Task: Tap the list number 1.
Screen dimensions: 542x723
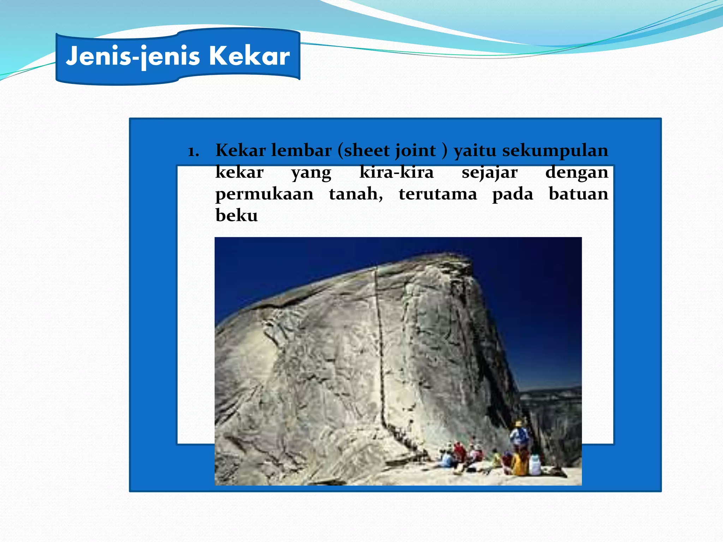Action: (193, 152)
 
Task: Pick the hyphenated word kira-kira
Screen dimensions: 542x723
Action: (396, 173)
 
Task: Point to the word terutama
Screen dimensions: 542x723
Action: (437, 194)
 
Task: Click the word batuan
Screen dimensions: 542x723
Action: (578, 194)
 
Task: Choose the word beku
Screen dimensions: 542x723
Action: (237, 215)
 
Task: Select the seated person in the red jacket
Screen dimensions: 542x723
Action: (460, 453)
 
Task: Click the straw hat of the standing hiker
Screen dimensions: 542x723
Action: (518, 423)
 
